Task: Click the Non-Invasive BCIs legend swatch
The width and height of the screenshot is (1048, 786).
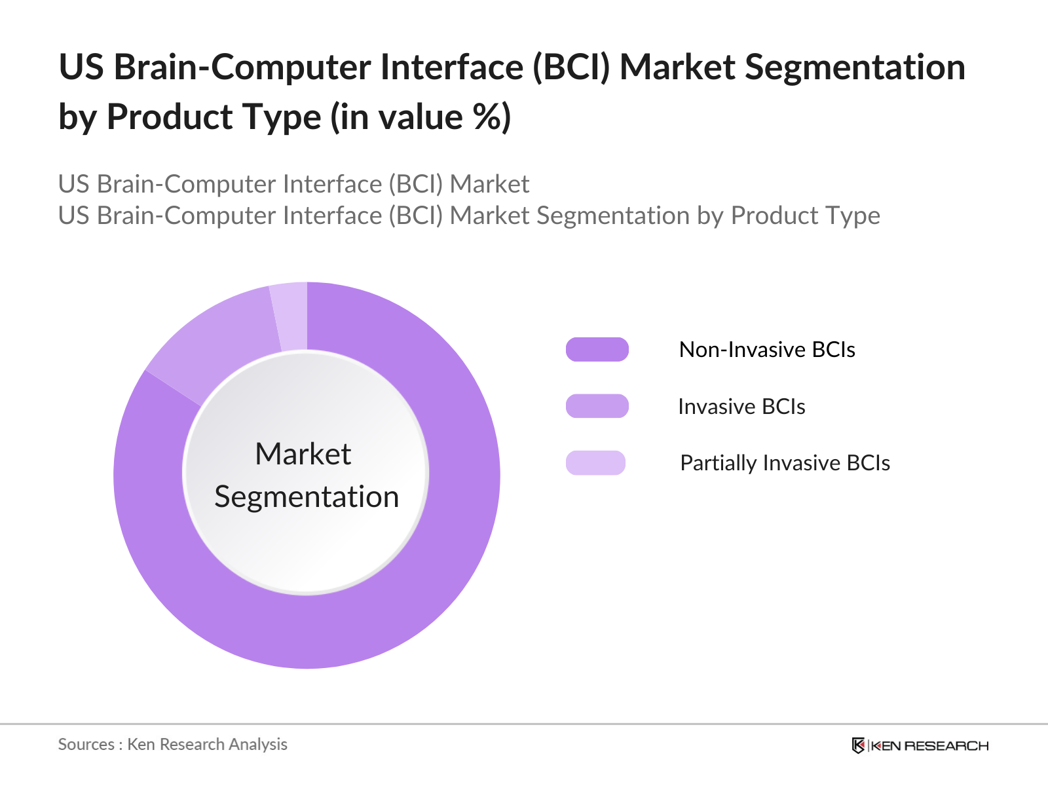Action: pos(597,349)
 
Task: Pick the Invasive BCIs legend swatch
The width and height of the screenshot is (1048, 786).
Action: pos(597,406)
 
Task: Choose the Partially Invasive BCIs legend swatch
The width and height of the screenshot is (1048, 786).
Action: pos(595,463)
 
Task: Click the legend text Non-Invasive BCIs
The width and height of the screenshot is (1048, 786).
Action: pos(767,349)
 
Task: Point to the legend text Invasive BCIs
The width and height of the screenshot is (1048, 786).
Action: pos(741,407)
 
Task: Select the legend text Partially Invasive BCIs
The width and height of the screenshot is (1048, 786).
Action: pos(785,463)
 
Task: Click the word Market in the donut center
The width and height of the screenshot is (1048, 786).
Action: pos(303,453)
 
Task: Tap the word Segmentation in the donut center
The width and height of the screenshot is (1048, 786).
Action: pos(307,496)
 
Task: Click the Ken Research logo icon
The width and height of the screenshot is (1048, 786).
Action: pos(858,745)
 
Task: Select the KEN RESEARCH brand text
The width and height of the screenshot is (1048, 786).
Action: pos(929,745)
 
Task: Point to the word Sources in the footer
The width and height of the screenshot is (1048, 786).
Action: pos(86,745)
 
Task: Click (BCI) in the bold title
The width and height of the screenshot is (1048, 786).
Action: pos(571,67)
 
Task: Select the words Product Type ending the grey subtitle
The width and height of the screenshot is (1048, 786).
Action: pos(806,215)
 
